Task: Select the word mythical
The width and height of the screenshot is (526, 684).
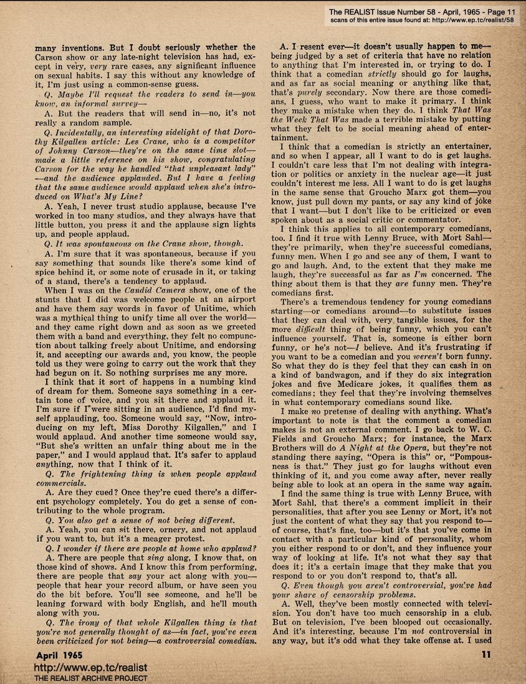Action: coord(79,318)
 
